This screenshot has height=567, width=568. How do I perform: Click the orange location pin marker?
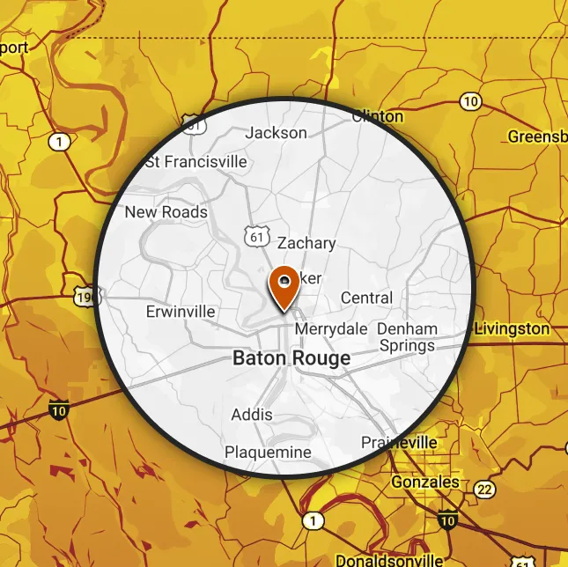click(x=284, y=286)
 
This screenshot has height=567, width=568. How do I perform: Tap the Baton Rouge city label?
click(x=291, y=358)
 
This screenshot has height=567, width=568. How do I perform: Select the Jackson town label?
click(x=277, y=133)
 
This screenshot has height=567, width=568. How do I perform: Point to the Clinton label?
click(x=378, y=116)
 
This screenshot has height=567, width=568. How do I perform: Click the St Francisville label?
click(x=195, y=162)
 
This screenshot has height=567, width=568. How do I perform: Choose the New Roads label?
click(x=166, y=212)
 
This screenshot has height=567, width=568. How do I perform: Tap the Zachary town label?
click(x=306, y=243)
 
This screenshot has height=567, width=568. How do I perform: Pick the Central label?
click(x=366, y=298)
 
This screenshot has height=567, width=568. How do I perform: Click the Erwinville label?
click(x=181, y=312)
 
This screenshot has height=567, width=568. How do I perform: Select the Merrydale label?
click(x=330, y=328)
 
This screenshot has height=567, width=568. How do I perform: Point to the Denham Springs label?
click(x=407, y=337)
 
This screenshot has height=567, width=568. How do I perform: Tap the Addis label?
click(x=252, y=415)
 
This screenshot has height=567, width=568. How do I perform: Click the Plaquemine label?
click(x=268, y=453)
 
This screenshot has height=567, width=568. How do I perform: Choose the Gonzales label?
click(x=426, y=482)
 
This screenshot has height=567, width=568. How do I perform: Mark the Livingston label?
click(x=513, y=328)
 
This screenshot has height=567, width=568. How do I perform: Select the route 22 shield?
click(x=483, y=490)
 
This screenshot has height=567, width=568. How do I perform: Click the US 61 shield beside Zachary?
click(x=255, y=236)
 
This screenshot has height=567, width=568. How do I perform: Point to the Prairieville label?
click(x=399, y=441)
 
